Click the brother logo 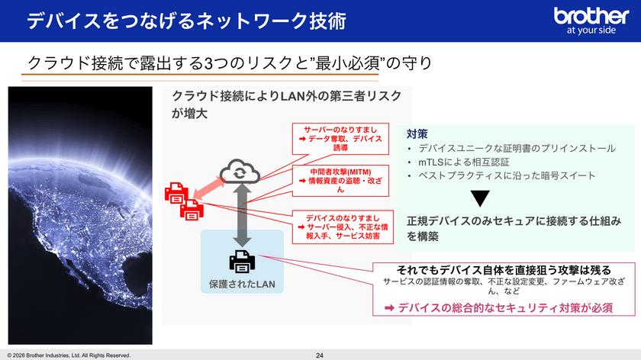[591, 20]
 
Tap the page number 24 [320, 355]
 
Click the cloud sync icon [240, 172]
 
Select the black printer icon [242, 262]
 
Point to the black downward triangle [480, 198]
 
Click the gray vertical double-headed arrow [242, 215]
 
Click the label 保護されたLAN [242, 284]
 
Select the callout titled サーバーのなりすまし [340, 139]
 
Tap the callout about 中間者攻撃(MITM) [340, 181]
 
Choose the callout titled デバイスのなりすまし [343, 227]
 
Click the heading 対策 [417, 133]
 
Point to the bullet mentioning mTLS [464, 162]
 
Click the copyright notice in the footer [69, 355]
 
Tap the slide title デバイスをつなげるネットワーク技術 [186, 21]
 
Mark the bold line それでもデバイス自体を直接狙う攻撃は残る [504, 270]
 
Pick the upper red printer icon [176, 193]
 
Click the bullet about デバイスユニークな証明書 [517, 148]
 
